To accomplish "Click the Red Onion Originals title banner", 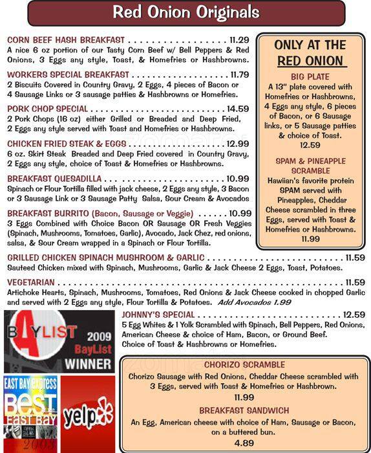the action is [x=185, y=12].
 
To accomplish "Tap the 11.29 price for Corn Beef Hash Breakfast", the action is [x=235, y=40].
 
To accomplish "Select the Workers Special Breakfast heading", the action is [x=68, y=74].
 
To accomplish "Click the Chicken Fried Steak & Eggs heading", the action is [x=67, y=144].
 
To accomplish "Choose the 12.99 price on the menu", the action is [x=237, y=144].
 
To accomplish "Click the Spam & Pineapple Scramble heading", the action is [x=311, y=166].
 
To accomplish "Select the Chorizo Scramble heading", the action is [x=244, y=364].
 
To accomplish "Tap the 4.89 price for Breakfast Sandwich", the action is [x=244, y=443].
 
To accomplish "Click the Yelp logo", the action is [x=87, y=414].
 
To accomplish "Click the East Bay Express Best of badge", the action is [x=30, y=414].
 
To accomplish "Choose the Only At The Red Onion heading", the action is [x=311, y=53].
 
